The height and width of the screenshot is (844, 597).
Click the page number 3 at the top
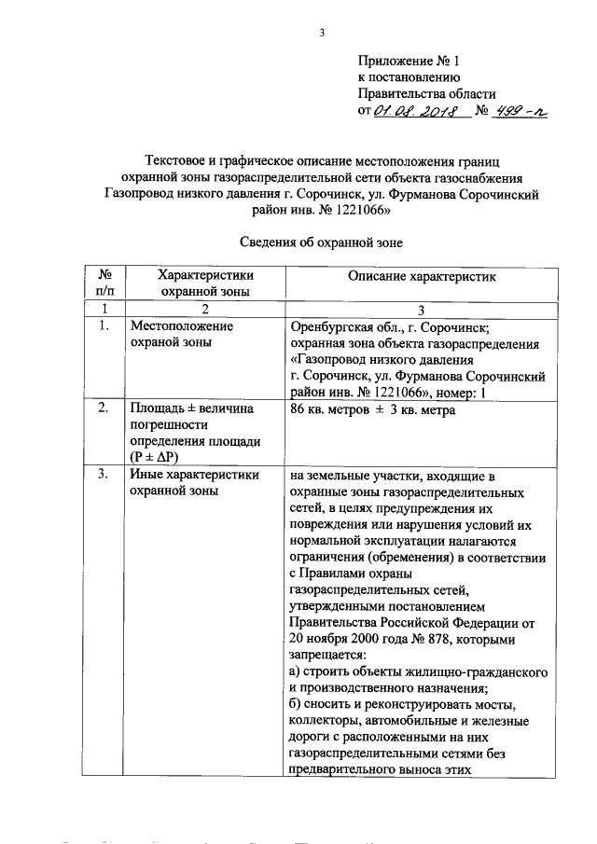point(322,35)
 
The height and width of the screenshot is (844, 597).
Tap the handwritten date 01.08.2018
point(413,112)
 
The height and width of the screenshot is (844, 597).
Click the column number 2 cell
point(204,309)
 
